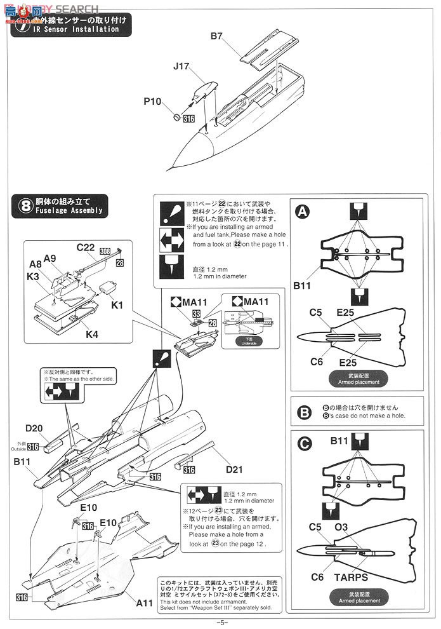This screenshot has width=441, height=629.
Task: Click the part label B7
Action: click(217, 36)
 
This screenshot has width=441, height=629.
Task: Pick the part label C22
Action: click(86, 247)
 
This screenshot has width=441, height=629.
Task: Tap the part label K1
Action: click(117, 306)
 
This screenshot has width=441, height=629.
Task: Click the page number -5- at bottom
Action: click(221, 622)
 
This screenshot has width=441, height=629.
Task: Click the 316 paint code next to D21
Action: click(189, 470)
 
